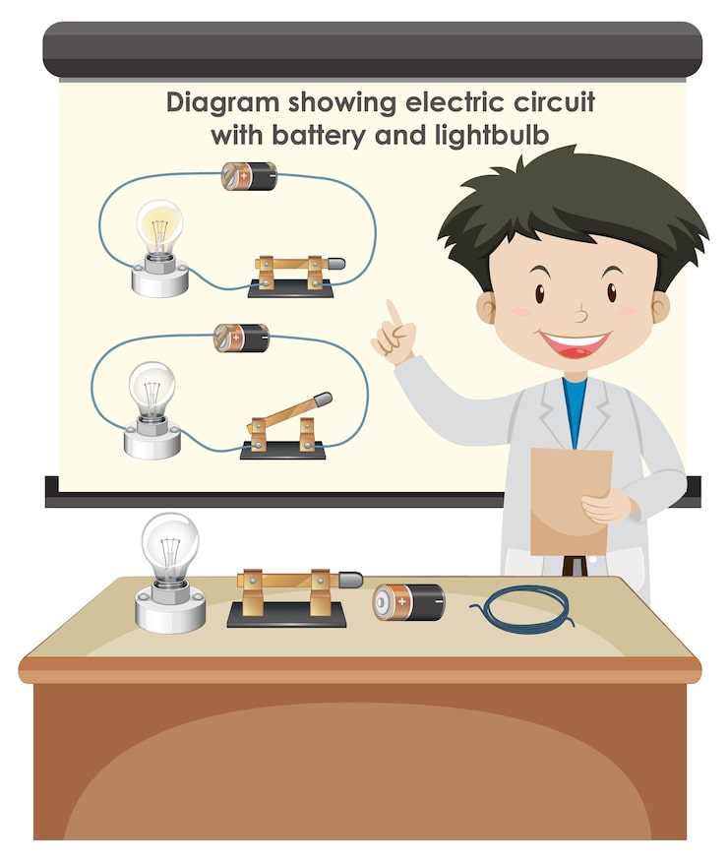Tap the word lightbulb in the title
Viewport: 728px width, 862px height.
point(492,135)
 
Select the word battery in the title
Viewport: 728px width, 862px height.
point(319,135)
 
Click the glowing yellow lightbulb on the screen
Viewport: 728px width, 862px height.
point(160,248)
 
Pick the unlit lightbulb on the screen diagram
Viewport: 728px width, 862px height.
point(152,409)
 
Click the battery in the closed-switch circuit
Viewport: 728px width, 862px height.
point(249,176)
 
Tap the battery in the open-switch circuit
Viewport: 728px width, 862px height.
point(241,338)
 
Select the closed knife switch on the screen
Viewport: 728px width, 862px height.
point(295,277)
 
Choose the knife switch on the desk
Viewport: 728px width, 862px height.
point(293,598)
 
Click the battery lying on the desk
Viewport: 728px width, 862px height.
point(409,602)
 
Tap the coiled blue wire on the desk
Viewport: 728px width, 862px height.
point(523,609)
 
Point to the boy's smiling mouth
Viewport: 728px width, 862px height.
point(575,343)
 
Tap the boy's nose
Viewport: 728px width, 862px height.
point(581,316)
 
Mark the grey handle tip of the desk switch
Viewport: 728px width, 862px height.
point(350,580)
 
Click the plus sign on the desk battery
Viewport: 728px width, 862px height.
point(402,601)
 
